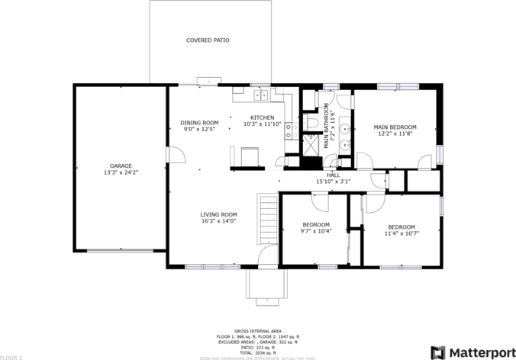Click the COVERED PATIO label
click(208, 40)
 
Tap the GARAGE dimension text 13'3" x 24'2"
click(121, 172)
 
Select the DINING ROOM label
click(199, 123)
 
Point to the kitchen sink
click(260, 95)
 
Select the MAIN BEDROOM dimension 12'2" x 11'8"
click(395, 133)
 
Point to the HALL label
click(333, 175)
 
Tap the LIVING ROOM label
click(218, 214)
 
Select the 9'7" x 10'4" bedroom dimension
click(315, 231)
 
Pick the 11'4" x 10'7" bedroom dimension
click(401, 233)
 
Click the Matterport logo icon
click(438, 352)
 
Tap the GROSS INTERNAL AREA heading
click(257, 331)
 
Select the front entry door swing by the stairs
click(267, 256)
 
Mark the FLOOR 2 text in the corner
click(11, 357)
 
